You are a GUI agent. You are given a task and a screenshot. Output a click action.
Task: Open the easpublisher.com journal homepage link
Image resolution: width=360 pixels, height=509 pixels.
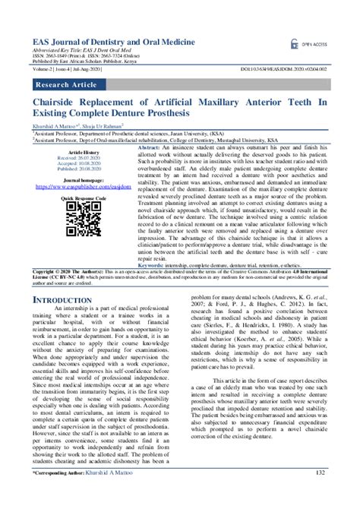tap(83, 187)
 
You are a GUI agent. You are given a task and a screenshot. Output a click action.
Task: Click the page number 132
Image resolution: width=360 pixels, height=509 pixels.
tap(321, 494)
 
